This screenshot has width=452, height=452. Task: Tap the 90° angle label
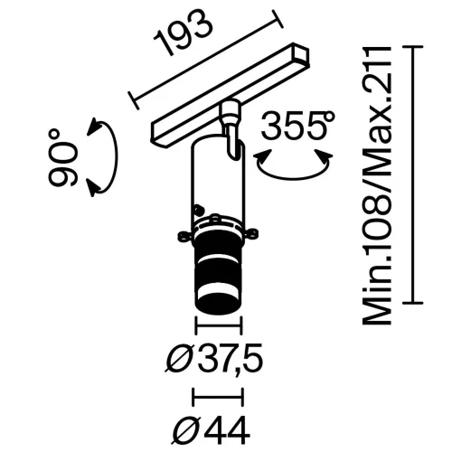(64, 156)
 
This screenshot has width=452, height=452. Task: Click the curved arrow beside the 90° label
(100, 157)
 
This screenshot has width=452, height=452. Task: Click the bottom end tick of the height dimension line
(415, 303)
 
